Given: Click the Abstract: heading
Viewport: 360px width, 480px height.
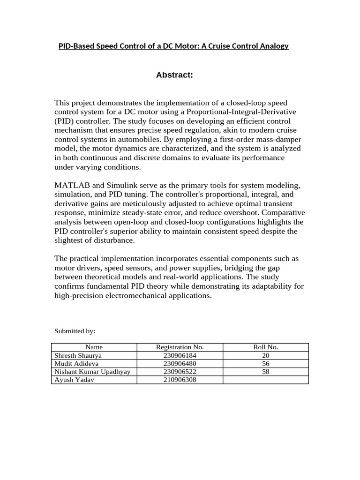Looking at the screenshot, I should click(174, 75).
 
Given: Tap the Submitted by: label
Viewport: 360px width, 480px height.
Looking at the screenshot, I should click(75, 331).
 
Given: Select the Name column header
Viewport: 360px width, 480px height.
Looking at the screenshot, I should click(94, 347).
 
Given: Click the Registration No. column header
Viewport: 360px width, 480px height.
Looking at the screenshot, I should click(180, 347).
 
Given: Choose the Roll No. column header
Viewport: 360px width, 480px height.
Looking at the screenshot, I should click(265, 347).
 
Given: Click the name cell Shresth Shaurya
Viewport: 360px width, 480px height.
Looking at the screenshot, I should click(78, 356).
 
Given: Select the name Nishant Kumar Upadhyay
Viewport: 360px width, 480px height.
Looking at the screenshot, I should click(92, 372).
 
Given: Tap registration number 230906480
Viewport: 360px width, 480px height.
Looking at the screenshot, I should click(180, 364).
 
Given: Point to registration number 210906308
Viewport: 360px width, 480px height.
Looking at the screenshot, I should click(180, 380).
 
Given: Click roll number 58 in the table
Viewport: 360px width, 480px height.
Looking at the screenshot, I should click(265, 372).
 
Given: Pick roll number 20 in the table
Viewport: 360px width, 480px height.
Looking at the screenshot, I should click(265, 356).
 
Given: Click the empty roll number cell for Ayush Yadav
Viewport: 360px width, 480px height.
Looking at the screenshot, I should click(265, 380).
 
